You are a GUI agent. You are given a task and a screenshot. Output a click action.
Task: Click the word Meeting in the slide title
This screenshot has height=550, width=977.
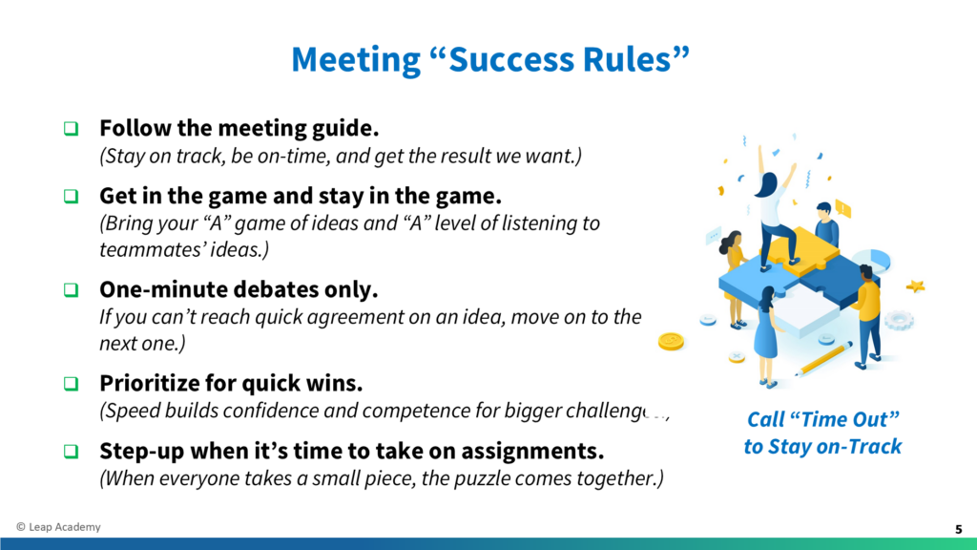click(356, 60)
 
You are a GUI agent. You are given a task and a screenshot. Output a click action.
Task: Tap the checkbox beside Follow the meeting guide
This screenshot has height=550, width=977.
click(71, 129)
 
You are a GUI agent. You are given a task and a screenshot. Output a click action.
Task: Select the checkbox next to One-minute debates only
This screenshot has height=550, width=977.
click(71, 290)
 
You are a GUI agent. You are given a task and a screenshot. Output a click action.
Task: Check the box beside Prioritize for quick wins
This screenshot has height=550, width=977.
click(71, 384)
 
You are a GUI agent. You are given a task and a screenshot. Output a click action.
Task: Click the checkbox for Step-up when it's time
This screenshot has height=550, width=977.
click(71, 451)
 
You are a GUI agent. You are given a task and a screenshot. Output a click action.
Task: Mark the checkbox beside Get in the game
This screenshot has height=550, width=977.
click(71, 197)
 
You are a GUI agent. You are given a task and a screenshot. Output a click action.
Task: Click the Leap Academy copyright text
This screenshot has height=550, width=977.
click(58, 527)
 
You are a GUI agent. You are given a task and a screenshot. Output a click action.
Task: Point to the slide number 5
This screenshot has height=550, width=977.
click(958, 529)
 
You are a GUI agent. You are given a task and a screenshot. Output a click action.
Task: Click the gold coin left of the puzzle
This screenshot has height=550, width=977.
click(671, 341)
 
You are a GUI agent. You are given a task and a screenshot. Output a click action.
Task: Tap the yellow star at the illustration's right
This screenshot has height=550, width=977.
click(915, 286)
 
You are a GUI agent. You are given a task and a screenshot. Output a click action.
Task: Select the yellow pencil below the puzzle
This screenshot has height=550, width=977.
click(823, 359)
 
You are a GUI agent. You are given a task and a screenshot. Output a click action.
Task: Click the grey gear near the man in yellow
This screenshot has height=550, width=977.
click(899, 320)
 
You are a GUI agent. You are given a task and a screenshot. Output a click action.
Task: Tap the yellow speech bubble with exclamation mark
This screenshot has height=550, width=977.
click(842, 209)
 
